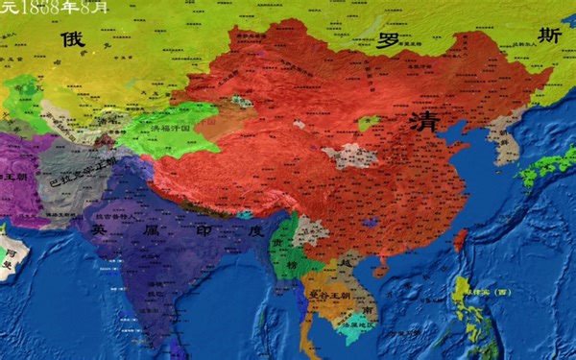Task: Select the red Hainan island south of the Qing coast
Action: [x=382, y=272]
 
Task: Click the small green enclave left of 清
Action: [x=367, y=124]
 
